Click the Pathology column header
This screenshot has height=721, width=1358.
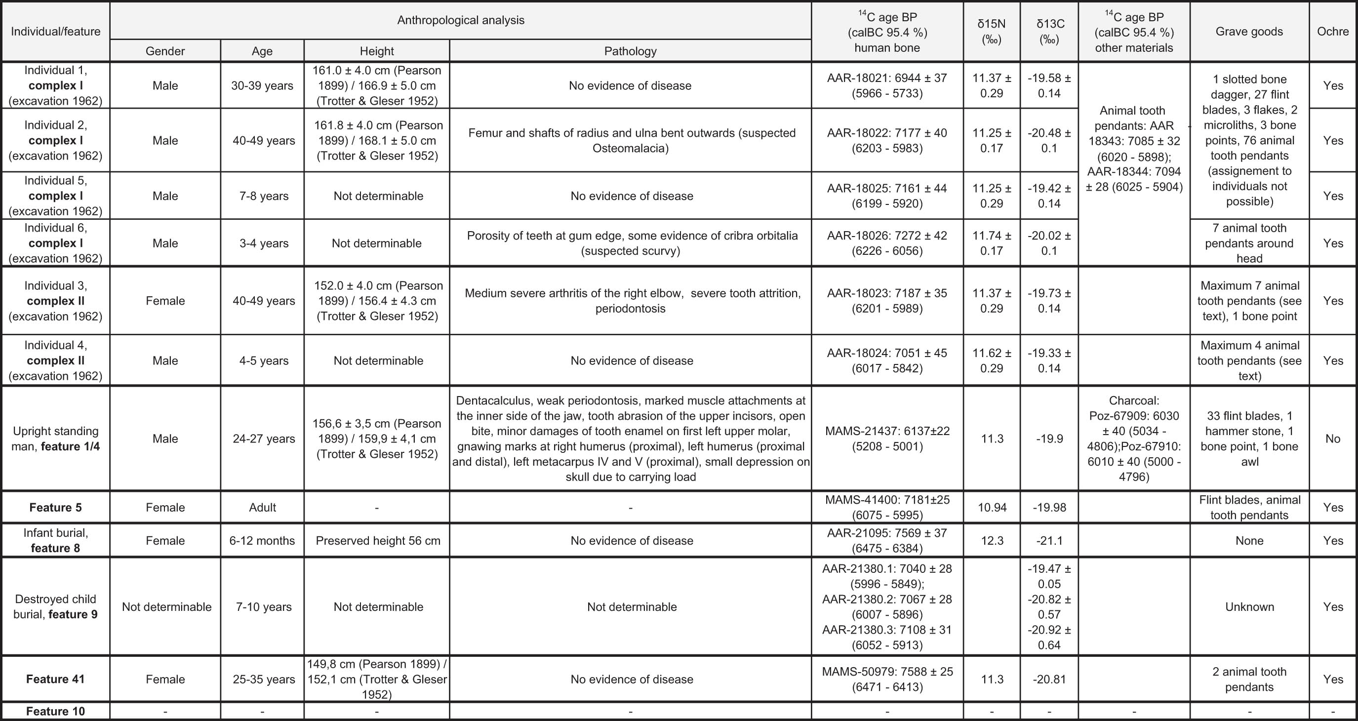coord(630,51)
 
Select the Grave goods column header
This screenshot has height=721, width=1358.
coord(1249,32)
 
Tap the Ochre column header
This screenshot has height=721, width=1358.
coord(1332,32)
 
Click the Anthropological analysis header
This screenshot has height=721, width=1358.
coord(460,21)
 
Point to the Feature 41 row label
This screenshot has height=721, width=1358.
coord(55,679)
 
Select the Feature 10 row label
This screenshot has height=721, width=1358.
coord(55,712)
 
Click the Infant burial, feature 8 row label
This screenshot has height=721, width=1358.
coord(55,540)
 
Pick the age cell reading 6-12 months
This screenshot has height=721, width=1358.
coord(262,541)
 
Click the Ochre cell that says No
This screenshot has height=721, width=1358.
coord(1332,439)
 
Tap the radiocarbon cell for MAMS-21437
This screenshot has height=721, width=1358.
coord(887,439)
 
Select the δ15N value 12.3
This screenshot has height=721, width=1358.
coord(992,541)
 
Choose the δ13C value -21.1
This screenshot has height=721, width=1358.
coord(1049,541)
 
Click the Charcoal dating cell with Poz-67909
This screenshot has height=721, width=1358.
coord(1133,439)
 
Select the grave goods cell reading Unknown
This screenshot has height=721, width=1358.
coord(1249,606)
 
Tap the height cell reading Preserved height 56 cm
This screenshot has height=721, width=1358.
coord(377,541)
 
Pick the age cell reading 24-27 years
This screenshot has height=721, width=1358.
coord(264,439)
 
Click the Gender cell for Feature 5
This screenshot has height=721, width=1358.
coord(165,508)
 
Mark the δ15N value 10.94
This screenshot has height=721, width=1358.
coord(992,508)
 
